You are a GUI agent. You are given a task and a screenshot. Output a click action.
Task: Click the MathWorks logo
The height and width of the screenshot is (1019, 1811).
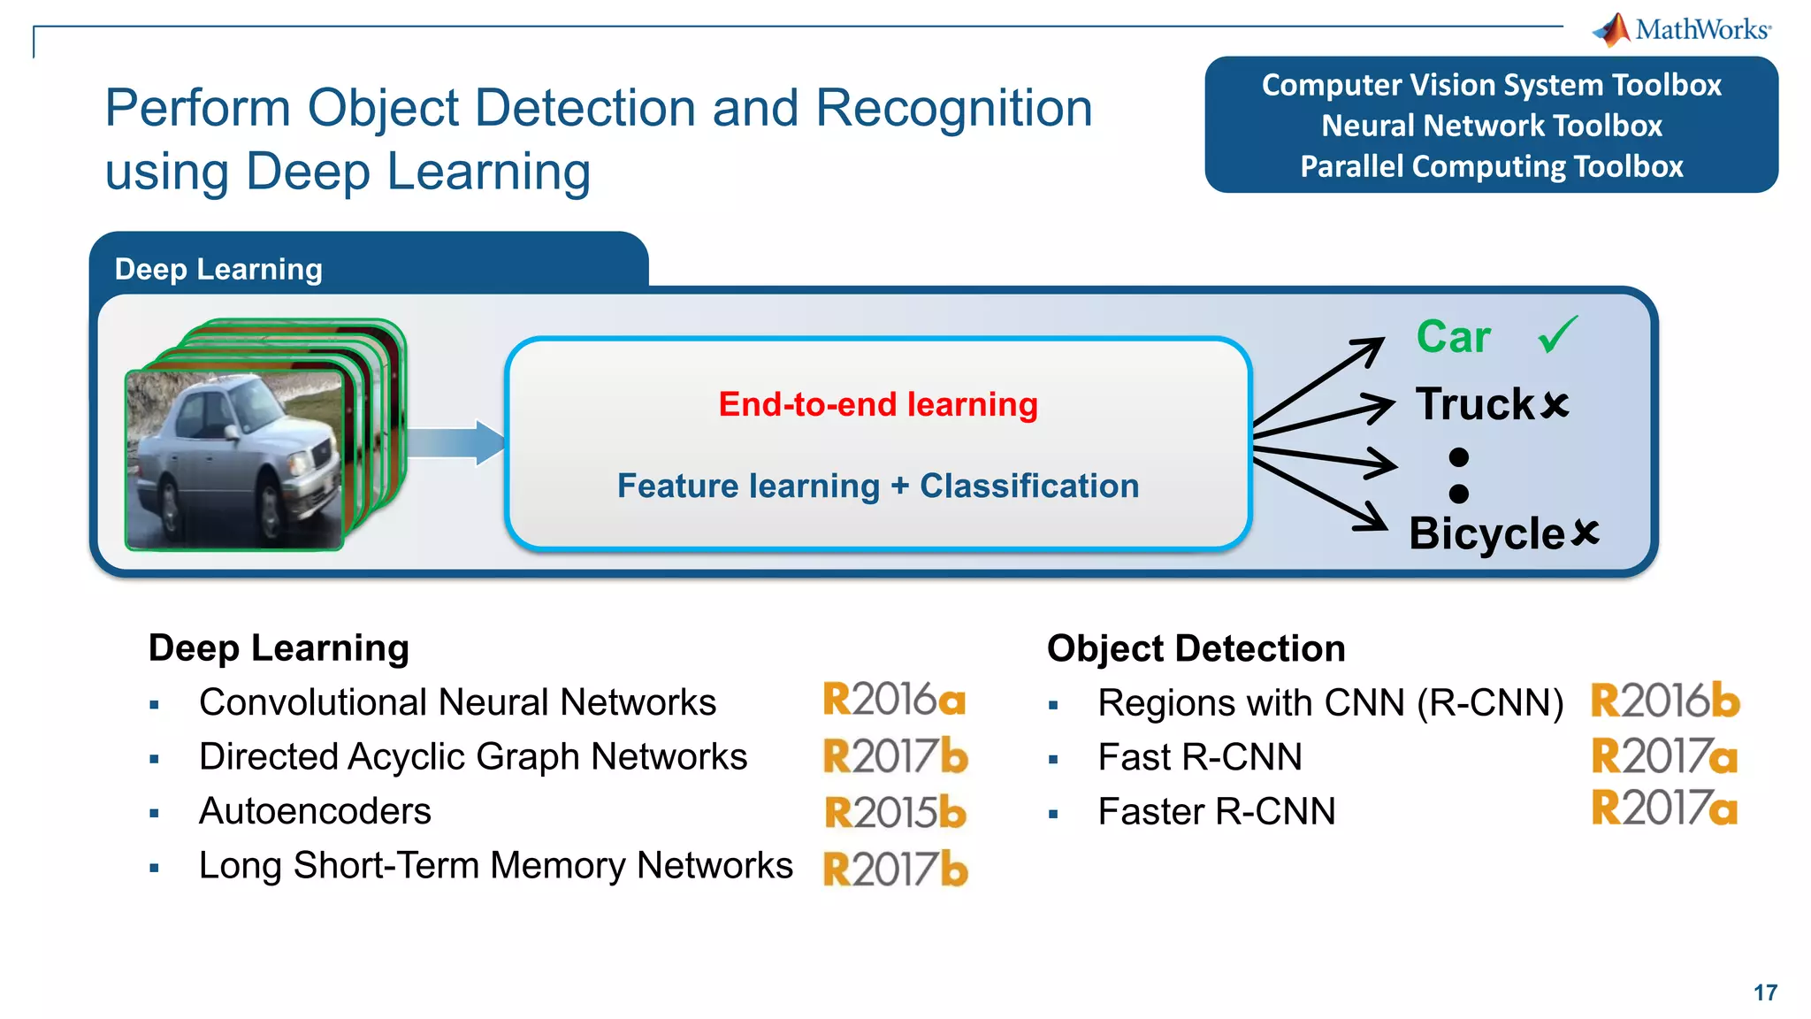click(x=1682, y=29)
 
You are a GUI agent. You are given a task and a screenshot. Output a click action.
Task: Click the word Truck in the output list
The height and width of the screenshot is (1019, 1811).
click(x=1475, y=404)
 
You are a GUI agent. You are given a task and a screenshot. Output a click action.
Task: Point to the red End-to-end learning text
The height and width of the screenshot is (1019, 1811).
click(x=877, y=404)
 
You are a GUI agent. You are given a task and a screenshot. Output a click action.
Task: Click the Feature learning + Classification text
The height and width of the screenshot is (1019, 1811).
click(x=877, y=486)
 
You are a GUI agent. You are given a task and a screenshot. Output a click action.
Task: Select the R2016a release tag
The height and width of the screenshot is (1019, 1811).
click(x=894, y=700)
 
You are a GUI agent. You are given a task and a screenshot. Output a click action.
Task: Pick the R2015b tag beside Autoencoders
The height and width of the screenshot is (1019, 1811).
click(x=895, y=812)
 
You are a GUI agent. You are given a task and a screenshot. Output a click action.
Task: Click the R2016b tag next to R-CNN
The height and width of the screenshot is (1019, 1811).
click(x=1665, y=701)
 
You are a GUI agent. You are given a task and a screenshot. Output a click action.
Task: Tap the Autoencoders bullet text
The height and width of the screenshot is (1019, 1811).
click(x=315, y=811)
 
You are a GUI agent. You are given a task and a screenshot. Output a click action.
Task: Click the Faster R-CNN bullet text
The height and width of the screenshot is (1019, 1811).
click(x=1216, y=811)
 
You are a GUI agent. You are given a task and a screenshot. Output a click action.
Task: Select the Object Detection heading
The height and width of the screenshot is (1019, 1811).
click(x=1196, y=648)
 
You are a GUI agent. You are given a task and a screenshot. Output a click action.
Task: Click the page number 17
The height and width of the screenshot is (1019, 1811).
click(x=1765, y=992)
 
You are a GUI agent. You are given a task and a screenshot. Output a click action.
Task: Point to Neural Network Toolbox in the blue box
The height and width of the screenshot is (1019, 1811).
click(x=1491, y=126)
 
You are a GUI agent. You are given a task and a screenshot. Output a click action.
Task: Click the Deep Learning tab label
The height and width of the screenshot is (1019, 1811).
click(x=218, y=269)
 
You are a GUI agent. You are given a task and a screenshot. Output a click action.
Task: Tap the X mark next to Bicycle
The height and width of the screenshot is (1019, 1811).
click(x=1586, y=532)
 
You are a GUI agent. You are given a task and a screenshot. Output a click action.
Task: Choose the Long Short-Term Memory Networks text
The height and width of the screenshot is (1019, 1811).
click(x=495, y=865)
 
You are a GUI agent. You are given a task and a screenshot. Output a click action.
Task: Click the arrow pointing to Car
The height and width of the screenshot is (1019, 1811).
click(x=1322, y=381)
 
